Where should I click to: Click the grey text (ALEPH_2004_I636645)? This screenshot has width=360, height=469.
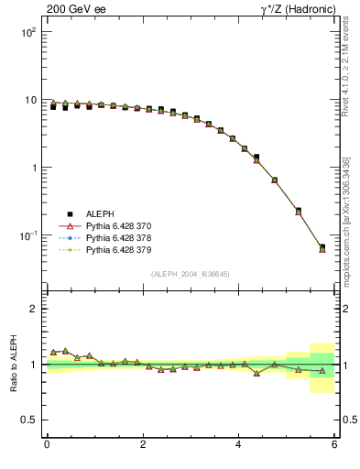(191, 273)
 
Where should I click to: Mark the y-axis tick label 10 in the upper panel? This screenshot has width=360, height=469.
(29, 100)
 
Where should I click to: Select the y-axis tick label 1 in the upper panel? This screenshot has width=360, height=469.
(32, 168)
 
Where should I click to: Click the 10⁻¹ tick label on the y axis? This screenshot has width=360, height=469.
(27, 235)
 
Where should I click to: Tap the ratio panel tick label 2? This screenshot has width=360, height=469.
(32, 309)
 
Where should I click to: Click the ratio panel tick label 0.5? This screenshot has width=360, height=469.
(28, 420)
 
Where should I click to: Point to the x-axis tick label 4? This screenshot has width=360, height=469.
(238, 445)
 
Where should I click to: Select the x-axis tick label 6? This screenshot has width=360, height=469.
(334, 445)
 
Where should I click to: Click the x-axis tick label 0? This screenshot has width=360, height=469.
(47, 445)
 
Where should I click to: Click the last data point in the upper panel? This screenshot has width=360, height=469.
(322, 247)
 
